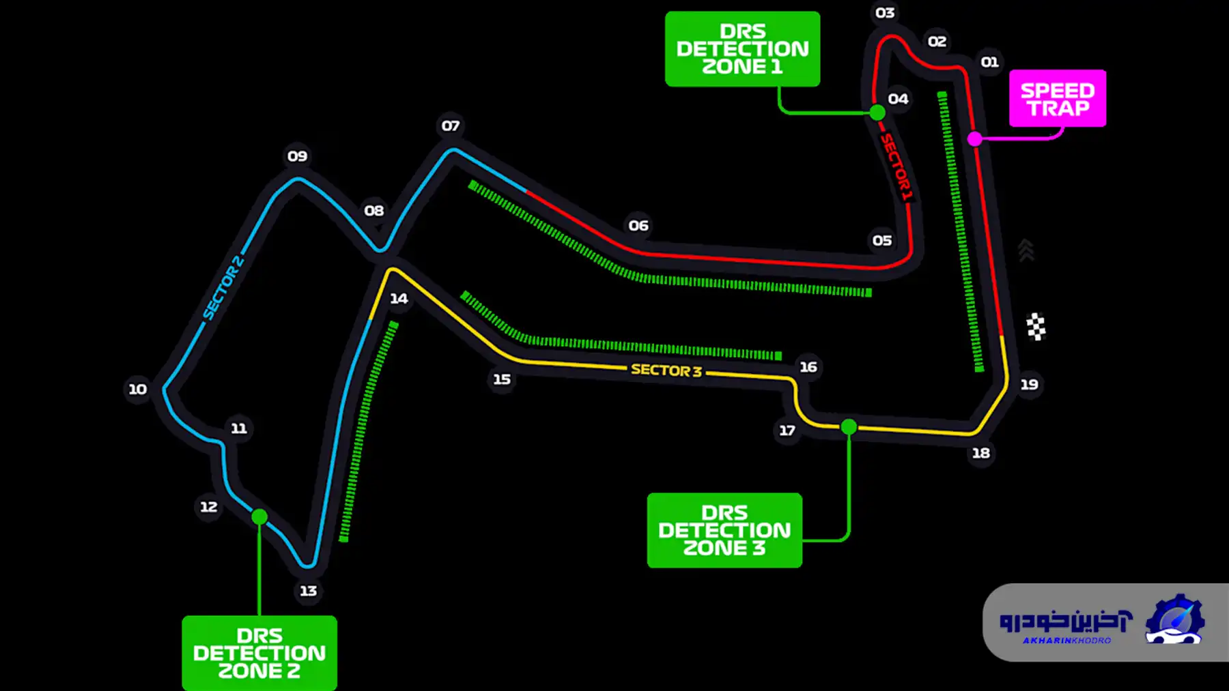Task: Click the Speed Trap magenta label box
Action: (1058, 98)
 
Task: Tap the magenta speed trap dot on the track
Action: (975, 139)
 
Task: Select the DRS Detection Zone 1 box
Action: (742, 49)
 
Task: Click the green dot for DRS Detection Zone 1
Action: (877, 113)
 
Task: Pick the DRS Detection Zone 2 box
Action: (259, 653)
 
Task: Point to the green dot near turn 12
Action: (259, 517)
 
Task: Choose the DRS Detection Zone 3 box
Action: (724, 530)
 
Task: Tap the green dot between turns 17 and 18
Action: (849, 427)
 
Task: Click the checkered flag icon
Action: (1036, 327)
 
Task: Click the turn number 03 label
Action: (885, 13)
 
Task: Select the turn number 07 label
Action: (450, 126)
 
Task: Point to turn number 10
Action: (138, 389)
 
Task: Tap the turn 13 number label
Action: (309, 591)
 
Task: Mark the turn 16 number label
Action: (808, 367)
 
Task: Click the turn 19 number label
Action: (1029, 384)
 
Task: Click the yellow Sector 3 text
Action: (666, 370)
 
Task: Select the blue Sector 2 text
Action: (223, 287)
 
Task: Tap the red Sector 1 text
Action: (896, 167)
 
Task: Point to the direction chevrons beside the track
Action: (1026, 250)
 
